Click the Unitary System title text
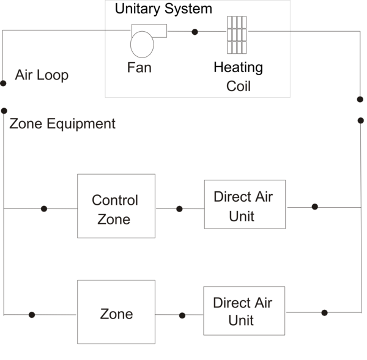[x=163, y=9]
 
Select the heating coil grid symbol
[x=237, y=34]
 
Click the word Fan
[x=139, y=67]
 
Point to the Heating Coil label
[x=238, y=76]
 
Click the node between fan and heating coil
[x=195, y=32]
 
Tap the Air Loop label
[x=42, y=76]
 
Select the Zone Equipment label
[x=62, y=124]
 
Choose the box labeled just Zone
[x=116, y=312]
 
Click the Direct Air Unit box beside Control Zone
[x=245, y=204]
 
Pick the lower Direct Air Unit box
[x=244, y=310]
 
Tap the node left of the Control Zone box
[x=43, y=208]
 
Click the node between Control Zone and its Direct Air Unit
[x=179, y=208]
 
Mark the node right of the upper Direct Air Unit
[x=314, y=207]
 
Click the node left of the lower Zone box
[x=32, y=315]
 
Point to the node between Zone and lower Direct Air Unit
[x=182, y=315]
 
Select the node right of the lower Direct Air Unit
[x=324, y=312]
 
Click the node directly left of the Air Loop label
[x=4, y=83]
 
